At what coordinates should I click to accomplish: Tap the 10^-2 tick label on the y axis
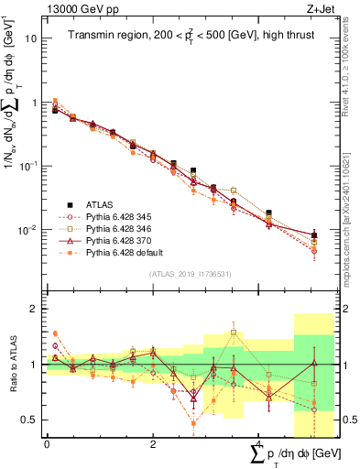[30, 230]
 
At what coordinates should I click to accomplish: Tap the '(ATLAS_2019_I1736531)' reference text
[182, 275]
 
